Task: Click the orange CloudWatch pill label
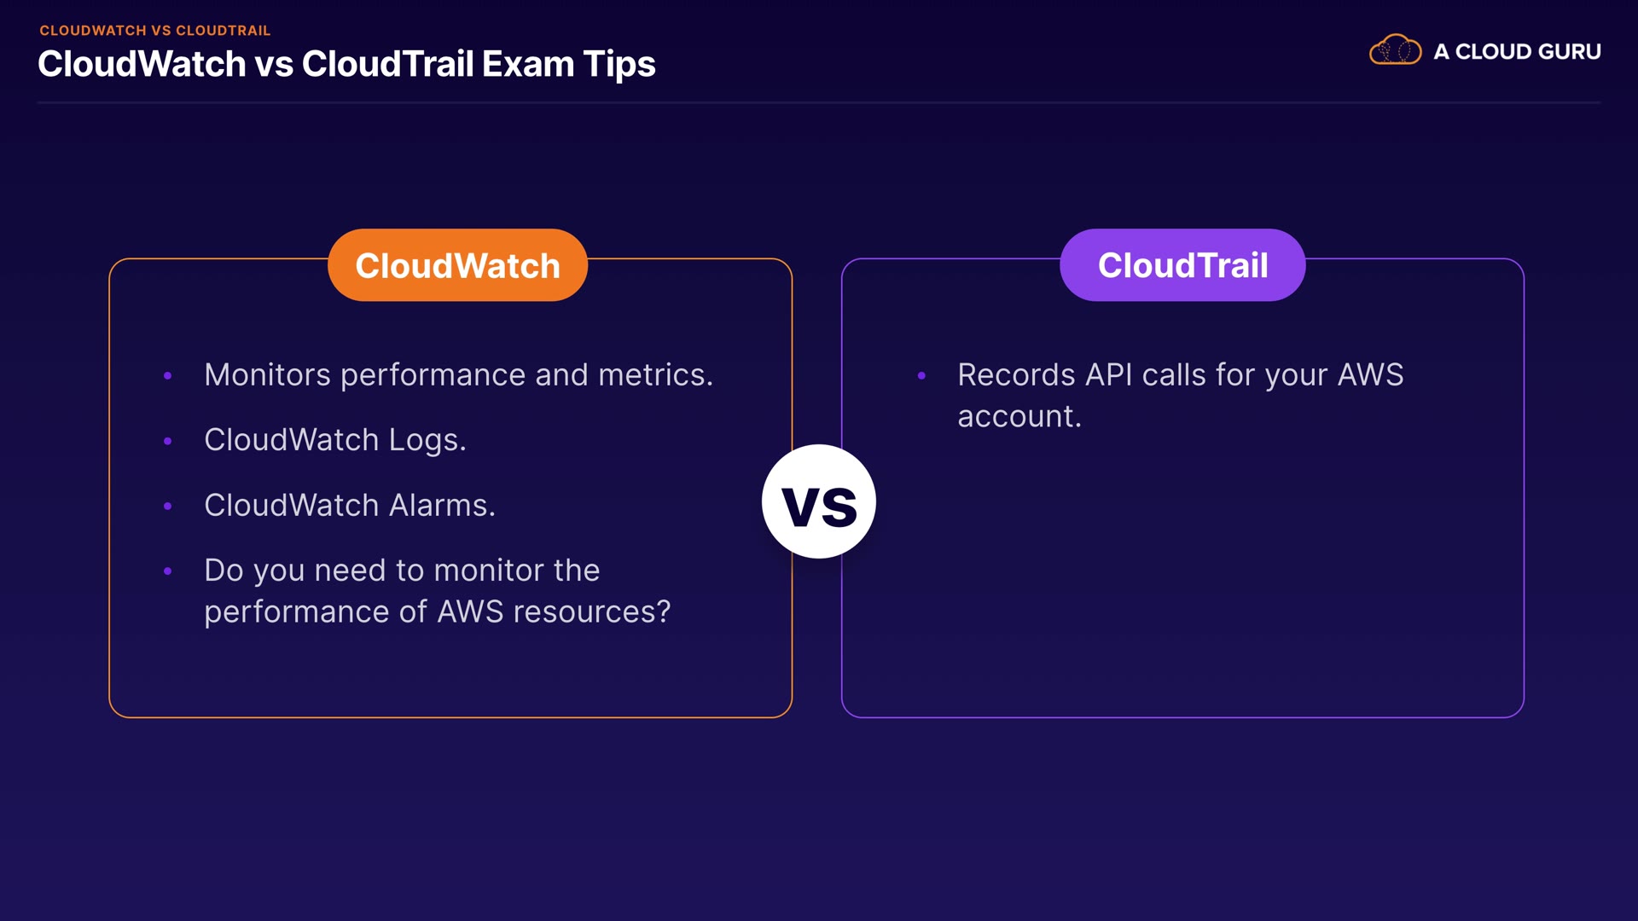coord(457,265)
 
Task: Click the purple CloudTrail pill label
coord(1182,265)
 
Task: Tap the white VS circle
coord(819,501)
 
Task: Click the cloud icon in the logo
coord(1396,50)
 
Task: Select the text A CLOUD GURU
coord(1517,52)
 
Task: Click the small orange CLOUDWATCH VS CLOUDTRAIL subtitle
coord(155,31)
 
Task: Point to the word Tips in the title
coord(619,66)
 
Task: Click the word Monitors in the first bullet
coord(267,375)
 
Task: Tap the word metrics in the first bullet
coord(655,375)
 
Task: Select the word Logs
coord(427,441)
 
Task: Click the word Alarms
coord(442,505)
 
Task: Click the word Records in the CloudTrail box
coord(1016,375)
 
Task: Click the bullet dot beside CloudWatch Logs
coord(168,441)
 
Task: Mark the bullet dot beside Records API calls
coord(921,375)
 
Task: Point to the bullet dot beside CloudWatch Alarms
coord(168,506)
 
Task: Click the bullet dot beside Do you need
coord(168,571)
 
